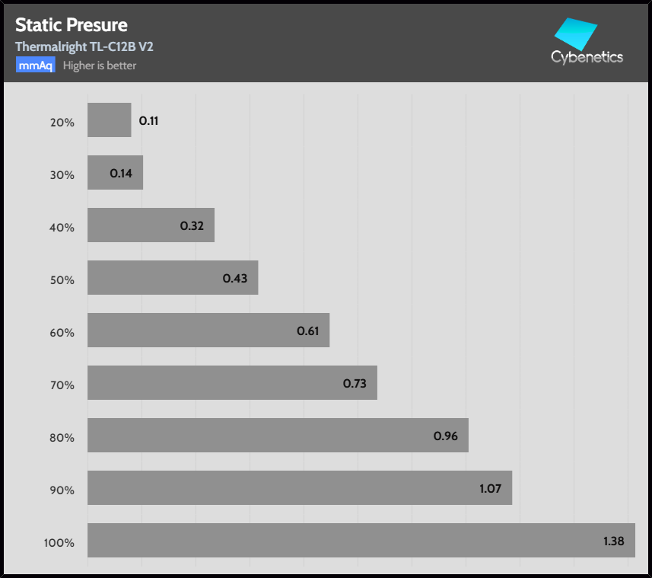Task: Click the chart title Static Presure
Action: (72, 25)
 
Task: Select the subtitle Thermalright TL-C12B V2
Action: (84, 46)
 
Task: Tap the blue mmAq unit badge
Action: (36, 65)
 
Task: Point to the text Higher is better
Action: (100, 65)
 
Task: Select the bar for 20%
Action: (109, 120)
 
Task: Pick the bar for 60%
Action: (208, 331)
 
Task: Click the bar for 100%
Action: (361, 541)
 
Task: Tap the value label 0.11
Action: (148, 120)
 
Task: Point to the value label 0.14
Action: (121, 174)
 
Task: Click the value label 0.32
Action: (191, 226)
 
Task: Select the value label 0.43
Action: (235, 279)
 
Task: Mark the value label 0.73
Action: (355, 384)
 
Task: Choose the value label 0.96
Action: (445, 436)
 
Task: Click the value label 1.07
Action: (490, 489)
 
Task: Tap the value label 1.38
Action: (613, 541)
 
